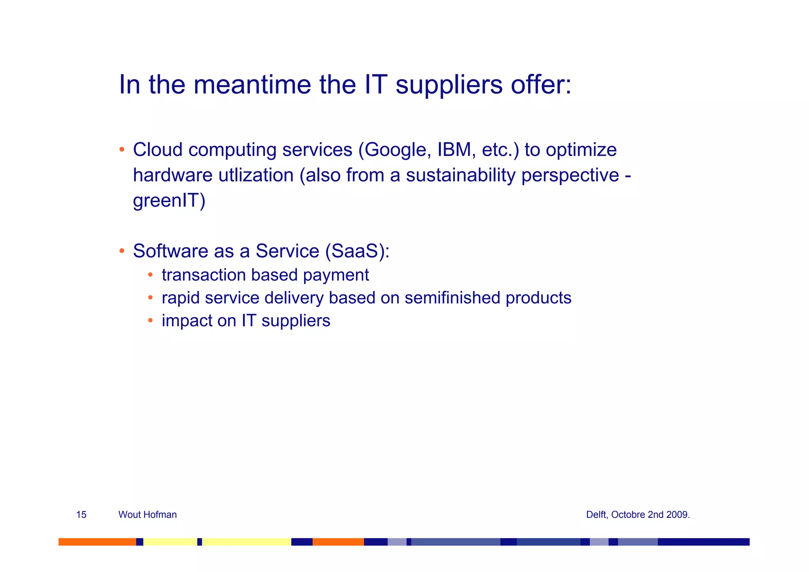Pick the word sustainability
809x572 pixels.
tap(460, 175)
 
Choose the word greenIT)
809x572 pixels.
tap(169, 200)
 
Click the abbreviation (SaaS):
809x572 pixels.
tap(357, 251)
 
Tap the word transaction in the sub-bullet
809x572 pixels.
tap(203, 275)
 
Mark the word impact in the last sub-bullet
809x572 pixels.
tap(185, 321)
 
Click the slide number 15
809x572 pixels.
tap(81, 515)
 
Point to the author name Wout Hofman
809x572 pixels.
tap(147, 515)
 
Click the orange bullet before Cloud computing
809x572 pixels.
tap(122, 150)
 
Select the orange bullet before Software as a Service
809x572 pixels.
tap(122, 251)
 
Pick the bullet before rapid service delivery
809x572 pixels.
tap(150, 298)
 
